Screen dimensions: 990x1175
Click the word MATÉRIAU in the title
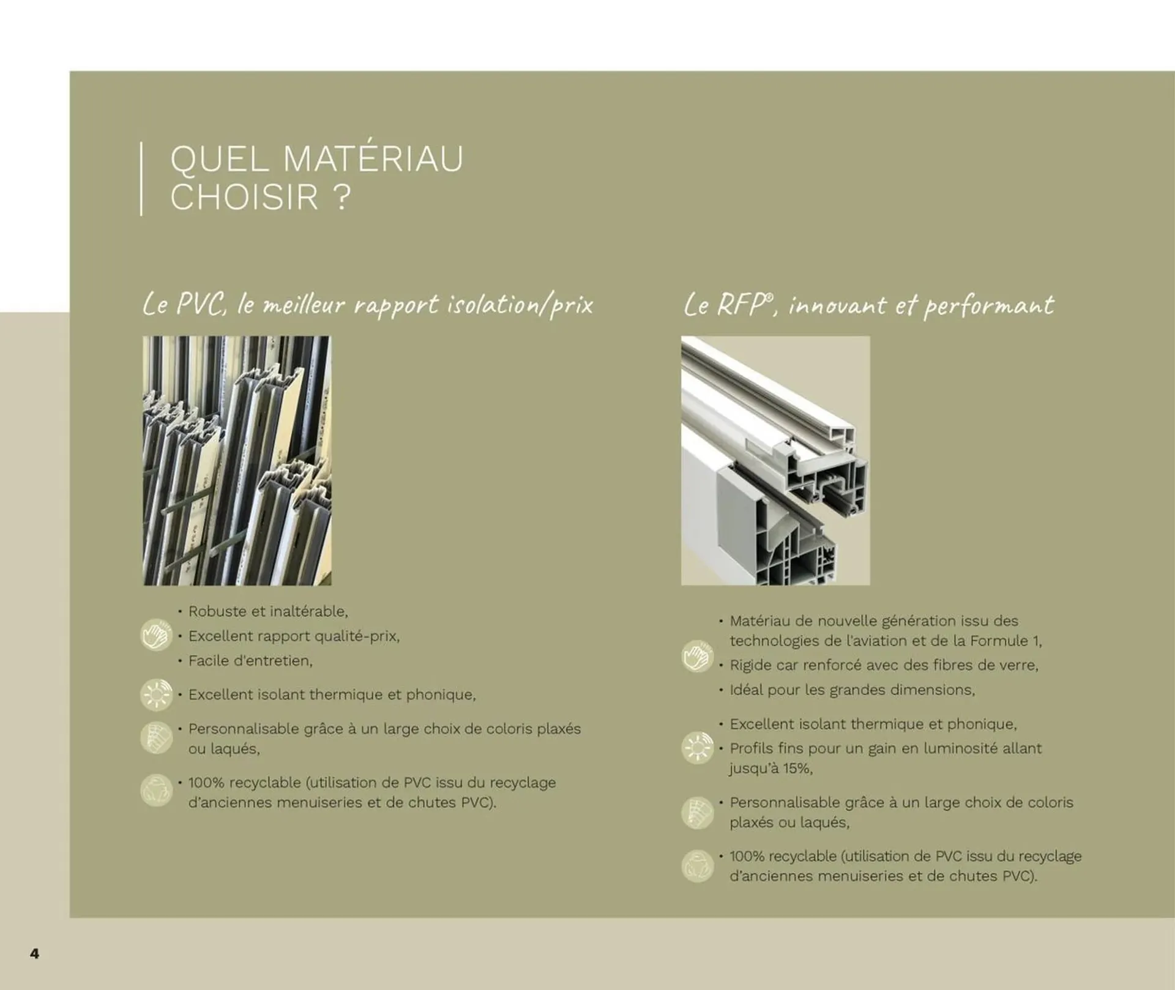[373, 159]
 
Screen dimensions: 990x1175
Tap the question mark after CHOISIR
[343, 197]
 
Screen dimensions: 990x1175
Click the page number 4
[35, 953]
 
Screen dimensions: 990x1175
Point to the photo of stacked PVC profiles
[237, 460]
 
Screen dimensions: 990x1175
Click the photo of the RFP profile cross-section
[775, 460]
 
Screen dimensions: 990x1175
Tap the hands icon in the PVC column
[156, 635]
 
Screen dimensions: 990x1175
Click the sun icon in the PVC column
[156, 694]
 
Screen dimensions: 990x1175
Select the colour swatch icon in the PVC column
[156, 738]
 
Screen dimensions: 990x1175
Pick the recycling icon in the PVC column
[156, 791]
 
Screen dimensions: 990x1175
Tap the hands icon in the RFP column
[698, 656]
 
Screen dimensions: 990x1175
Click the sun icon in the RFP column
[698, 748]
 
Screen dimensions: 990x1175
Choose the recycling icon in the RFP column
[698, 866]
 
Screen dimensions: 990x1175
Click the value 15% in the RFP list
[797, 768]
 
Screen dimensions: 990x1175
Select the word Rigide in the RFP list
[750, 665]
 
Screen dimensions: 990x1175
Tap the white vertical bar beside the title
[141, 178]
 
